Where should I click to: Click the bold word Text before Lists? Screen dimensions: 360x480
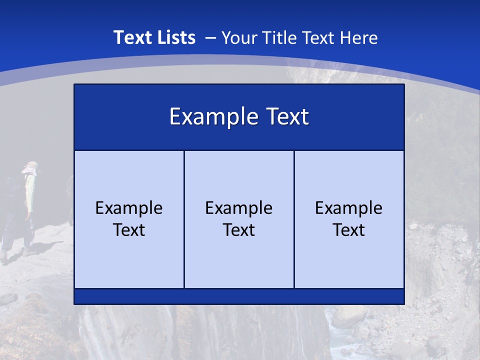131,37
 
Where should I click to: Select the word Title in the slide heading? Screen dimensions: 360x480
280,37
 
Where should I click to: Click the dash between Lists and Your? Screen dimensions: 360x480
210,38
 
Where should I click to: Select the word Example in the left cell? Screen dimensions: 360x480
129,208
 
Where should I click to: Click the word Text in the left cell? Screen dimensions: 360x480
129,230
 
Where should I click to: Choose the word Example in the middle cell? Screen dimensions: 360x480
239,208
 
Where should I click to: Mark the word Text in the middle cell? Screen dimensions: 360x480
239,230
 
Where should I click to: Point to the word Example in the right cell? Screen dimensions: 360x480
349,208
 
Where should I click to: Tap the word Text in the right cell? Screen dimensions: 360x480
349,230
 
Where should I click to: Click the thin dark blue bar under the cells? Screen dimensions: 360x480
239,296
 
